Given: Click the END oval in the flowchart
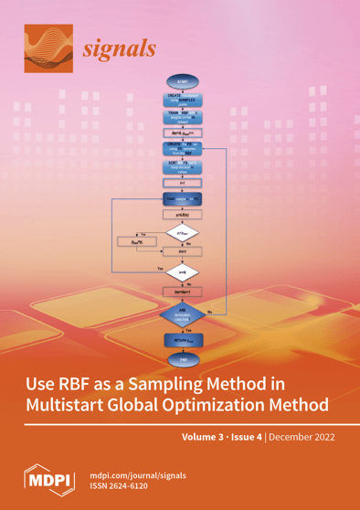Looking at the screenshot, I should tap(182, 360).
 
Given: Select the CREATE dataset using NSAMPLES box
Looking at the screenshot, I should tap(182, 100).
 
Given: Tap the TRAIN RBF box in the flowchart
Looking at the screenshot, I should tap(182, 118).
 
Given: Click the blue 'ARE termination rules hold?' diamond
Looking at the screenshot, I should tap(182, 315).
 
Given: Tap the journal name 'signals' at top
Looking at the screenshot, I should tap(119, 48).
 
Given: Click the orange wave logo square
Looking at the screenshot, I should tap(48, 47).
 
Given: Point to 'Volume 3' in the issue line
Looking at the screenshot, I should tap(206, 437).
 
